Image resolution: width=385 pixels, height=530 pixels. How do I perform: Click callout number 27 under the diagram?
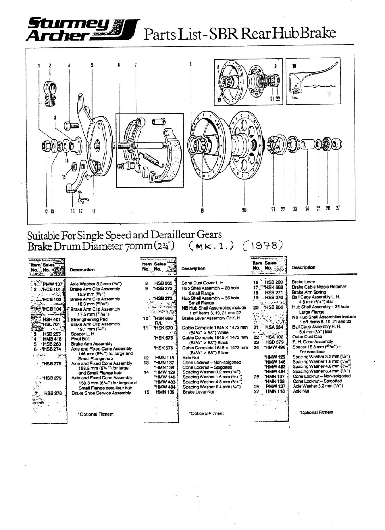pyautogui.click(x=338, y=208)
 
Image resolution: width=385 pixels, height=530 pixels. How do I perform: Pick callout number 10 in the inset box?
pyautogui.click(x=294, y=66)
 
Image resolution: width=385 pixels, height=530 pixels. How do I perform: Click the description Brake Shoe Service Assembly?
pyautogui.click(x=101, y=393)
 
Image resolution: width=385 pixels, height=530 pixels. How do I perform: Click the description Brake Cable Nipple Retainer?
pyautogui.click(x=319, y=287)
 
